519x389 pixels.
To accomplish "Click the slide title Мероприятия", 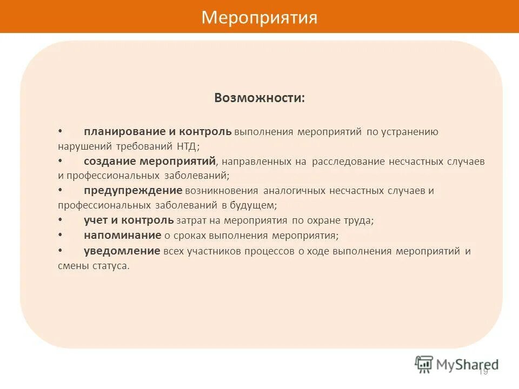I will pyautogui.click(x=259, y=18).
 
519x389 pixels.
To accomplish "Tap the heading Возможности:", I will pyautogui.click(x=259, y=98).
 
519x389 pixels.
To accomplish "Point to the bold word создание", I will pyautogui.click(x=110, y=161).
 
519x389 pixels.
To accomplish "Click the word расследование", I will pyautogui.click(x=348, y=162).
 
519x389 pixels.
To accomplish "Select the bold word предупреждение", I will pyautogui.click(x=133, y=191).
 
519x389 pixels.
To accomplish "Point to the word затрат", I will pyautogui.click(x=189, y=220).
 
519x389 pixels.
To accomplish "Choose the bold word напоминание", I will pyautogui.click(x=123, y=235).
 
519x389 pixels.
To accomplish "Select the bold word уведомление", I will pyautogui.click(x=122, y=251).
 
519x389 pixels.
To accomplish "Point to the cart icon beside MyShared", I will pyautogui.click(x=424, y=364).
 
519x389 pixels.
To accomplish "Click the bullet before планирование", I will pyautogui.click(x=60, y=132).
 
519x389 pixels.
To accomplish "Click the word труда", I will pyautogui.click(x=359, y=220).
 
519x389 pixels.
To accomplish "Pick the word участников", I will pyautogui.click(x=214, y=251).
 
